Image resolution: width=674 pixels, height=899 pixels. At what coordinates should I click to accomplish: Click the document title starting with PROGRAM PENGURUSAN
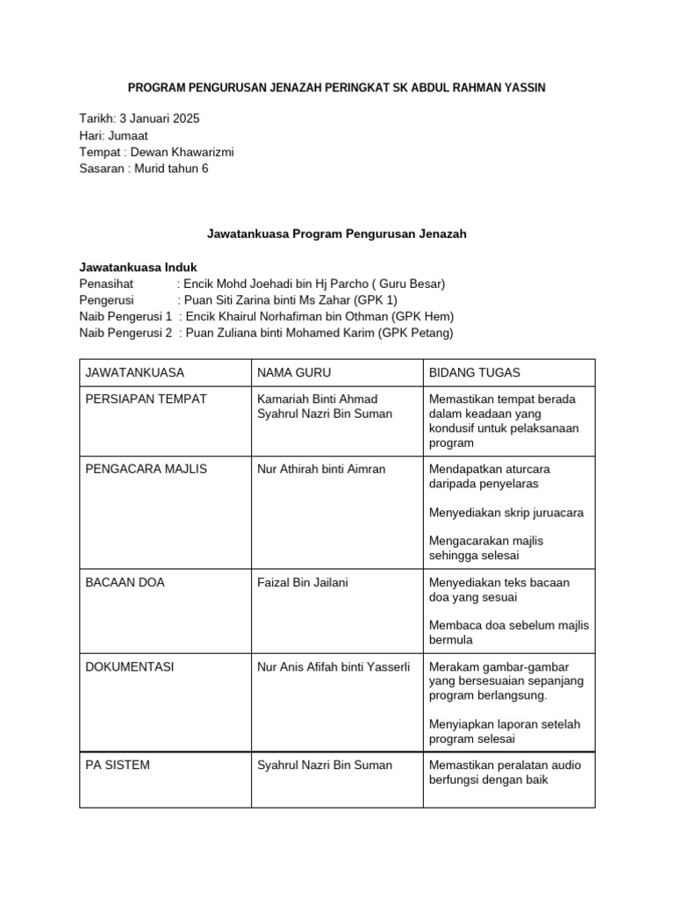tap(337, 88)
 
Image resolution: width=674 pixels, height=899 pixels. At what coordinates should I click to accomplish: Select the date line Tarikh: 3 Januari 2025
tap(145, 119)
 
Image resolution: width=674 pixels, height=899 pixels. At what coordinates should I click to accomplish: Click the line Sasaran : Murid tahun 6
tap(144, 169)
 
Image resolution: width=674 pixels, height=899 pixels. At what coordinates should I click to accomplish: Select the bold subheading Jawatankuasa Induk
tap(138, 267)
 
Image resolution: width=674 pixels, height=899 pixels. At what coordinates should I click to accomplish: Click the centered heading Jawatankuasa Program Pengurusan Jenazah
tap(337, 234)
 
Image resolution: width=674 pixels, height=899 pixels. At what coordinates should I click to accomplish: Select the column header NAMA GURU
tap(294, 373)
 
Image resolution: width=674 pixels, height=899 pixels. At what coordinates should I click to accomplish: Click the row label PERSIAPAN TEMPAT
tap(146, 399)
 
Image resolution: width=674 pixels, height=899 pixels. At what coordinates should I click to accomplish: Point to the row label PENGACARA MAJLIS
tap(146, 469)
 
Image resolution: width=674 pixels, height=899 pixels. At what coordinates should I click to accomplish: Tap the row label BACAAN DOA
tap(125, 583)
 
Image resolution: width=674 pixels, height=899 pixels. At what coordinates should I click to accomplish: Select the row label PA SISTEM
tap(118, 765)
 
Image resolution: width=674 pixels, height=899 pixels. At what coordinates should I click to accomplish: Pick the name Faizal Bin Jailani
tap(302, 583)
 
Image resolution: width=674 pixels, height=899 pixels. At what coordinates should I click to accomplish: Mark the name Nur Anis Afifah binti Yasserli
tap(333, 667)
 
